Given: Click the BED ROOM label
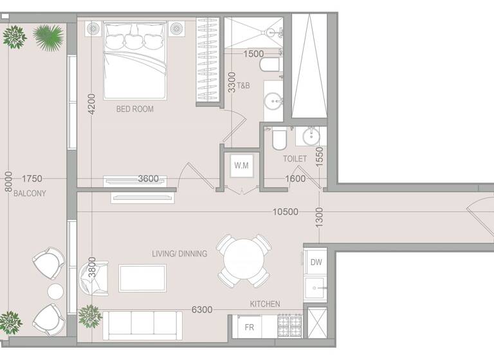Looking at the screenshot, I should pos(134,109).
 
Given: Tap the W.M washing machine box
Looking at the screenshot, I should pos(241,166).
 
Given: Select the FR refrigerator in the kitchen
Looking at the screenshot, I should pos(249,327).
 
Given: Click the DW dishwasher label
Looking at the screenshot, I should pos(316,262).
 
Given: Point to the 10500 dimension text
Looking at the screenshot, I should pos(285,212).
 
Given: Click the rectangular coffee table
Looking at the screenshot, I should pos(142,278).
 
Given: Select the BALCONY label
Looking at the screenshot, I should pos(30,194).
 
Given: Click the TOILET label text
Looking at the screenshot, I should pos(295,159).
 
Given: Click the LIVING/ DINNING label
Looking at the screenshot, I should pos(179,254).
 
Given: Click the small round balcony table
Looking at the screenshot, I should pos(56,291).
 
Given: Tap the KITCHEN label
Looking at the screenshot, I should pos(265,303).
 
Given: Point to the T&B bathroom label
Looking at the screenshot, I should pos(244,85).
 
